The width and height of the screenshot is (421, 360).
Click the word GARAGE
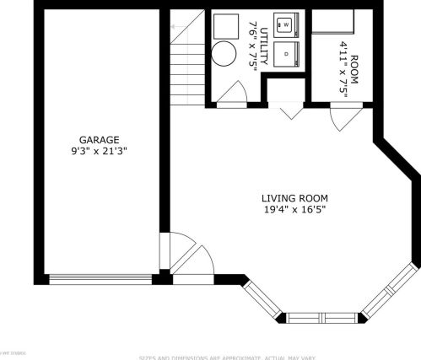click(x=99, y=140)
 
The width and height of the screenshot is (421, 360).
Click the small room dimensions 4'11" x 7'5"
click(x=343, y=56)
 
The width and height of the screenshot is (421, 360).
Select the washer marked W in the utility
click(x=285, y=25)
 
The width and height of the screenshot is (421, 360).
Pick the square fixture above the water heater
click(x=223, y=27)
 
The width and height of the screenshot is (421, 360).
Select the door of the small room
click(x=346, y=116)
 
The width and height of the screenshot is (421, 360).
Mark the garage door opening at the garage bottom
click(x=101, y=278)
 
